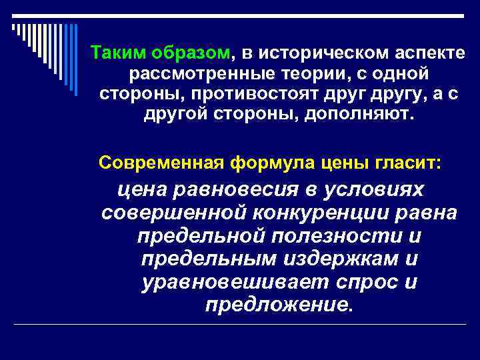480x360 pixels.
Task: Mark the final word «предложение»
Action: [x=277, y=305]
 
